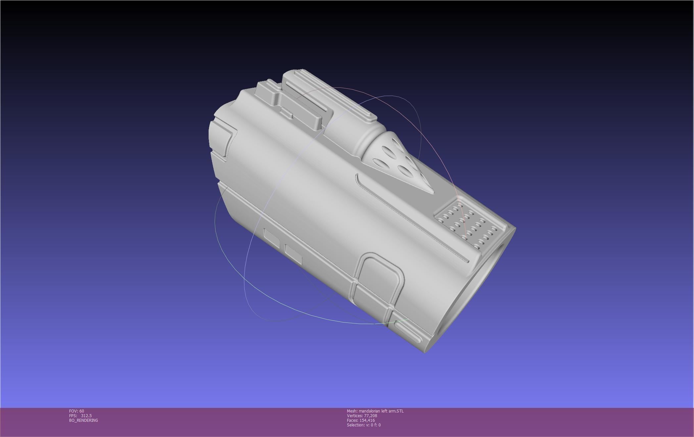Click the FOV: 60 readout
click(76, 411)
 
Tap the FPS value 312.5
click(86, 416)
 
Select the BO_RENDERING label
click(83, 420)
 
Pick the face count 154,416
click(367, 420)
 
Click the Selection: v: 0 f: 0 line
click(364, 425)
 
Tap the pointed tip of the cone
click(432, 192)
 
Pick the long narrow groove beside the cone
click(411, 218)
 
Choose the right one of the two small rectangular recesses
click(293, 254)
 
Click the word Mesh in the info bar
click(352, 411)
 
